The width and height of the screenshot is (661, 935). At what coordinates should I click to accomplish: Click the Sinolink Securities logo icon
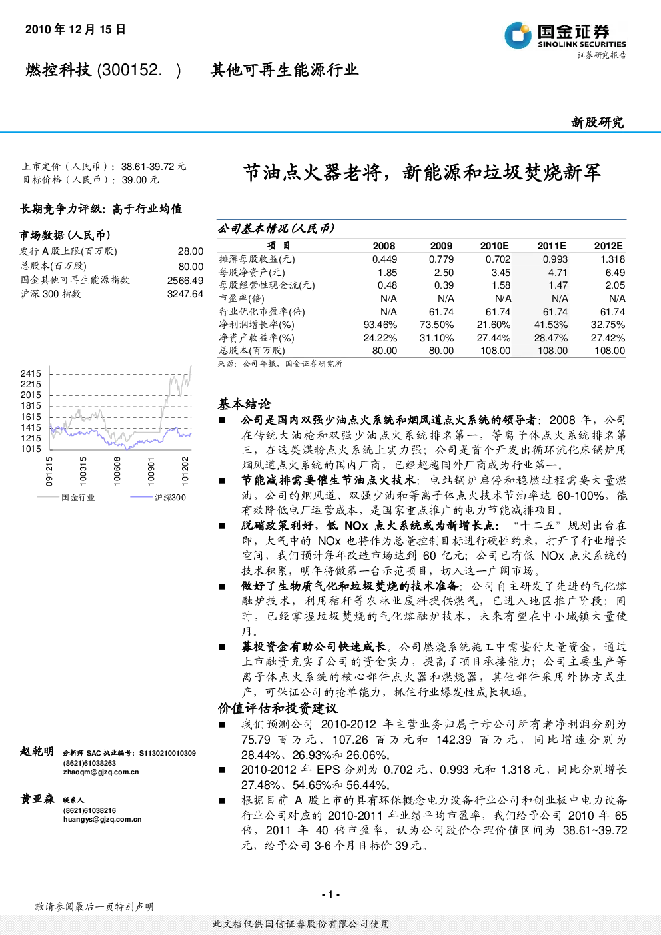[518, 35]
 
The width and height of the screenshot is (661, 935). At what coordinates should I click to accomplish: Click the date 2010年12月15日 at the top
[75, 29]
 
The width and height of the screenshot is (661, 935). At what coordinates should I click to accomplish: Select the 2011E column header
[552, 246]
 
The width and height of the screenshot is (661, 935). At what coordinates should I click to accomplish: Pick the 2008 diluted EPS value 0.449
[384, 259]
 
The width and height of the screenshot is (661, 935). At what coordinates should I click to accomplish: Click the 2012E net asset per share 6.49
[616, 273]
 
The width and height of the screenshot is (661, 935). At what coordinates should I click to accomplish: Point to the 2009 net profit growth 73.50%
[436, 325]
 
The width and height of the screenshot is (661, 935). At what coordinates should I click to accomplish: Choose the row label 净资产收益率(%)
[257, 338]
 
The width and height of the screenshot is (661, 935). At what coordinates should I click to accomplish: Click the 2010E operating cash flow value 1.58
[501, 285]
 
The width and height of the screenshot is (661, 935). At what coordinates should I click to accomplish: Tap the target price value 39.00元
[140, 180]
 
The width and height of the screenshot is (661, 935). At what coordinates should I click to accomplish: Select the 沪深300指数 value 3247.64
[185, 294]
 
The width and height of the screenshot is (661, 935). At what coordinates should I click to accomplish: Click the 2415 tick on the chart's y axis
[31, 373]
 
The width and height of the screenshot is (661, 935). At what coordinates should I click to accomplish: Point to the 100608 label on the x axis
[117, 471]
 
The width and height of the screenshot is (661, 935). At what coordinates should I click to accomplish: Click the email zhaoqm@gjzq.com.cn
[101, 772]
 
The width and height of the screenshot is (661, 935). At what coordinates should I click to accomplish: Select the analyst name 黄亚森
[37, 799]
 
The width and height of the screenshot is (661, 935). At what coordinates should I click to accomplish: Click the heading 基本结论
[244, 404]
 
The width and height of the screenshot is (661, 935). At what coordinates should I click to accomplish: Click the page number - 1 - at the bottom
[331, 894]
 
